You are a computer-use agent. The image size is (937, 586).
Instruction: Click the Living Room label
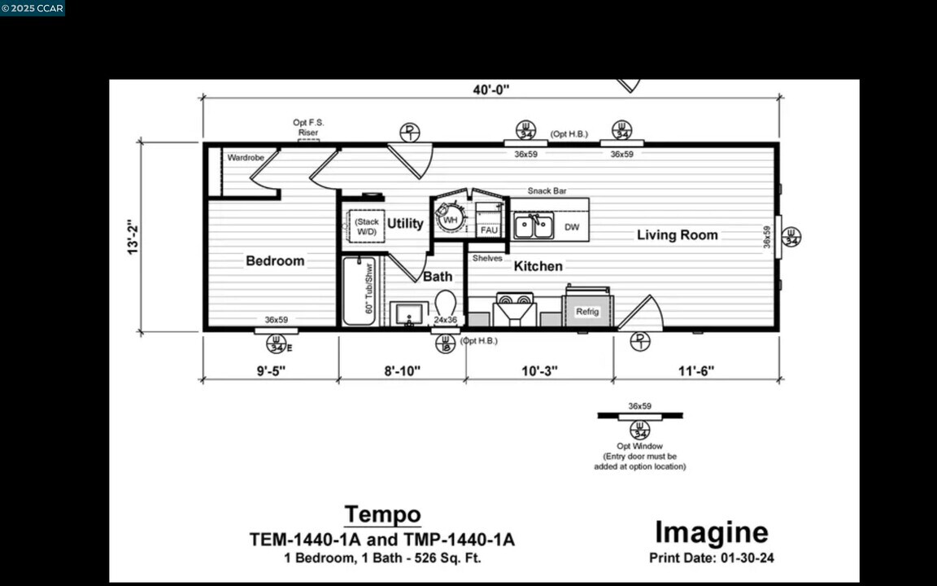coord(677,235)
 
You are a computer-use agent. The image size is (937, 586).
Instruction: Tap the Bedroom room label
coord(275,261)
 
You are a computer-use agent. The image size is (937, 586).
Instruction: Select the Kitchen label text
coord(538,266)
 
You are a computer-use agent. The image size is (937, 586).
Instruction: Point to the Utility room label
coord(404,223)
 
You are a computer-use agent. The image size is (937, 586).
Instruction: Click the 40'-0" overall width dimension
coord(491,90)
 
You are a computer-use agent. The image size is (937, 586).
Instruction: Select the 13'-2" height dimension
coord(133,237)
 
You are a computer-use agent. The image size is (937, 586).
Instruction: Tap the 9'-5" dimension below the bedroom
coord(271,371)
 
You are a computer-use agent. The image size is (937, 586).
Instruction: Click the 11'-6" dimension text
coord(695,371)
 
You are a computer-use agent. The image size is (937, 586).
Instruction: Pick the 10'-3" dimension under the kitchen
coord(538,371)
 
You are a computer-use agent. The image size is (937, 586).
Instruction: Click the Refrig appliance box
coord(587,311)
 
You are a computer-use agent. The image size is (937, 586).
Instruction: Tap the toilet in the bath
coord(445,303)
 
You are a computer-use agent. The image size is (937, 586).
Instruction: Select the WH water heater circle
coord(449,219)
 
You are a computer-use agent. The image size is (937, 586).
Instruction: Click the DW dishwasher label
coord(572,227)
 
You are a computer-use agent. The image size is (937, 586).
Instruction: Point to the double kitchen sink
coord(534,226)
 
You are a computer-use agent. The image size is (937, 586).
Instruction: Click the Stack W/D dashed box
coord(367,227)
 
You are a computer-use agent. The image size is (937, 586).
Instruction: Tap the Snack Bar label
coord(547,191)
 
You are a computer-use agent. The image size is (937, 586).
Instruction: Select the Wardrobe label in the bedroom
coord(245,157)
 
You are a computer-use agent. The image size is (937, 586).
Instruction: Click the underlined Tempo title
coord(382,514)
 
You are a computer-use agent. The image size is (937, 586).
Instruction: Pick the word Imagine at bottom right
coord(711,532)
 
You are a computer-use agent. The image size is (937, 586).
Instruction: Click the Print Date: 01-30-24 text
coord(711,558)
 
